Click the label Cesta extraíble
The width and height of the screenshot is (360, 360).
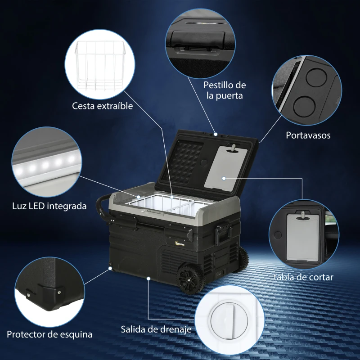[x=103, y=106]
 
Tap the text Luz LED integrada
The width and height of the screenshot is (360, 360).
[x=49, y=207]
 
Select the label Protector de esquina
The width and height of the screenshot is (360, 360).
[x=49, y=334]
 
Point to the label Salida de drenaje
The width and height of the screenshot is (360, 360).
[x=156, y=329]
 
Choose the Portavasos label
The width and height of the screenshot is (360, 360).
[x=308, y=135]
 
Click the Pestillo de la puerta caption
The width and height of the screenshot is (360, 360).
[x=225, y=90]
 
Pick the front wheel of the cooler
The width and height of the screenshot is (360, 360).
[x=192, y=279]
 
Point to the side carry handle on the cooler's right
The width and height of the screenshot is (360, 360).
[x=222, y=231]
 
